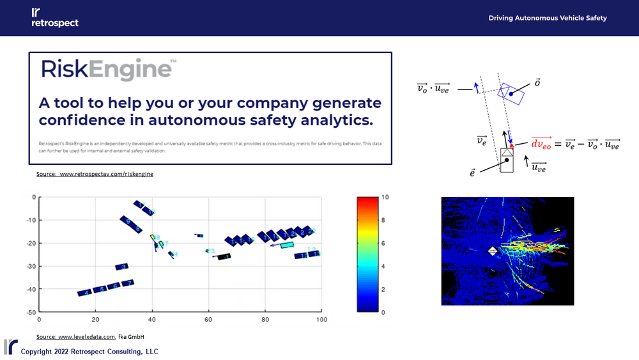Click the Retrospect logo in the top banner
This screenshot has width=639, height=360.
point(54,18)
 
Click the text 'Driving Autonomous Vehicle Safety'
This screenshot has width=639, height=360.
point(548,18)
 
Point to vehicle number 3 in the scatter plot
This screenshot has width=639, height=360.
point(122,267)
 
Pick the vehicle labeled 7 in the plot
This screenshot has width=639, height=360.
point(128,283)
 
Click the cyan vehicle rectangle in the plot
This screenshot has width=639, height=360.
point(287,245)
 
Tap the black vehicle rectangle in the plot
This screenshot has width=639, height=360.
point(224,257)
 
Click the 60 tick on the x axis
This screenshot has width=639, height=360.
point(208,319)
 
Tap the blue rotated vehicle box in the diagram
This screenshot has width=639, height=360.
point(512,93)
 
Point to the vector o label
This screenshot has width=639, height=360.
point(538,83)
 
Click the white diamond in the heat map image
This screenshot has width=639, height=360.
point(493,252)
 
